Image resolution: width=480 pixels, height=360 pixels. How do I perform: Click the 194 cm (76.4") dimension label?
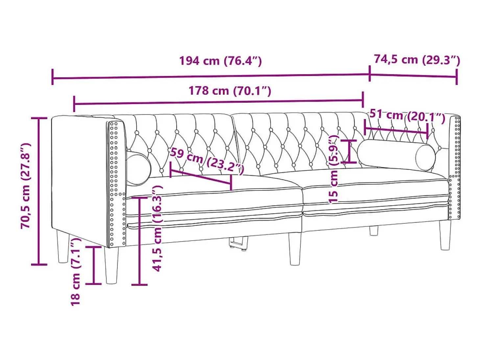click(220, 61)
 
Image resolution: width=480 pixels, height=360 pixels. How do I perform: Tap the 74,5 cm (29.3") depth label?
click(417, 60)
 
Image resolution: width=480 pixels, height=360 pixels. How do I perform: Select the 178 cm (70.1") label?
click(230, 90)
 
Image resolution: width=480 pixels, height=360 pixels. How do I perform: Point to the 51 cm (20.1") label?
click(407, 116)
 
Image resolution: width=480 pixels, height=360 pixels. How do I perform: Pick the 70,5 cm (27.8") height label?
click(26, 186)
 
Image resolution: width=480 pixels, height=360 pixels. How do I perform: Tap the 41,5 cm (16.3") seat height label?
click(157, 229)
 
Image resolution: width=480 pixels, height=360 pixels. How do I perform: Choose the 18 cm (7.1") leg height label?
click(76, 271)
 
